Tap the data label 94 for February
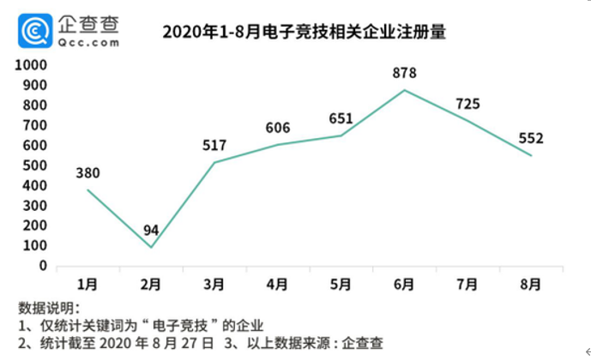(151, 231)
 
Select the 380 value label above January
(87, 172)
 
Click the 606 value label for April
(278, 128)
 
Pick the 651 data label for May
(341, 119)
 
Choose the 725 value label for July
(467, 105)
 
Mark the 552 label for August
(531, 138)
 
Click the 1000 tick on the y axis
(30, 65)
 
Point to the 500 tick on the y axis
(34, 165)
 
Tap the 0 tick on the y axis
(41, 266)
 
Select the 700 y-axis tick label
(34, 125)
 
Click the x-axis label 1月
(87, 285)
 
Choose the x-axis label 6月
(405, 285)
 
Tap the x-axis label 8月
(531, 285)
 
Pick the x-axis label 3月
(214, 285)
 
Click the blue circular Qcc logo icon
(35, 32)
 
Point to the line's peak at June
(405, 90)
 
